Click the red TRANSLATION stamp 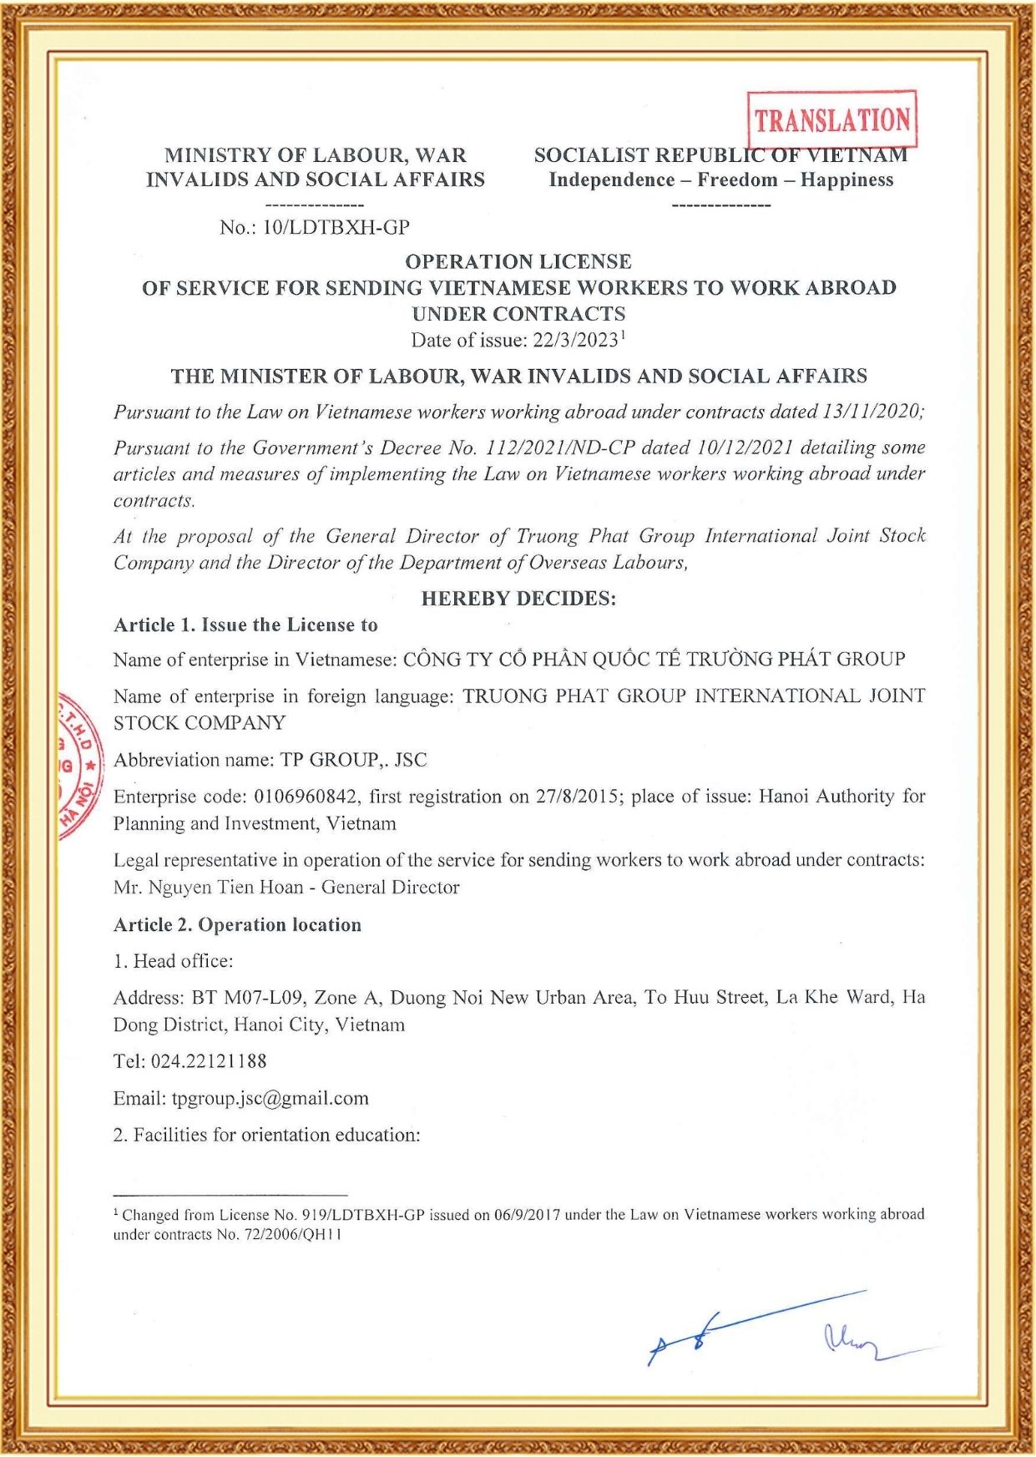tap(831, 119)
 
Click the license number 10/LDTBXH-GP tap(336, 227)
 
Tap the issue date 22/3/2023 tap(576, 341)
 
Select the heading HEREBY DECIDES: tap(518, 599)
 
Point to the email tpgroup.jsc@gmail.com tap(270, 1098)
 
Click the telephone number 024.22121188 tap(209, 1061)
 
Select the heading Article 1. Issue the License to tap(245, 625)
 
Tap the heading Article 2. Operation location tap(237, 925)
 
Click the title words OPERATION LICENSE tap(518, 261)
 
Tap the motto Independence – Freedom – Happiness tap(721, 180)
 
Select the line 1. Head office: tap(174, 961)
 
